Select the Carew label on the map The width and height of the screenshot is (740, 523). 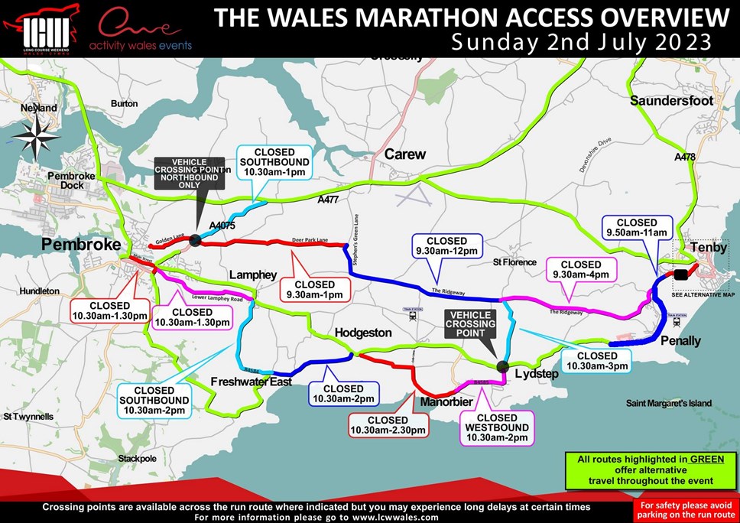pyautogui.click(x=404, y=154)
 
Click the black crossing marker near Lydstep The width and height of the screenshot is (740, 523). pyautogui.click(x=502, y=366)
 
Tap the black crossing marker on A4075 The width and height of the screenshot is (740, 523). pyautogui.click(x=195, y=240)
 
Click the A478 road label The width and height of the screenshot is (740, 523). pyautogui.click(x=686, y=157)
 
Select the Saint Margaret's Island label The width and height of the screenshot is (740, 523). pyautogui.click(x=668, y=403)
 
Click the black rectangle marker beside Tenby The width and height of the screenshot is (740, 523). pyautogui.click(x=680, y=274)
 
